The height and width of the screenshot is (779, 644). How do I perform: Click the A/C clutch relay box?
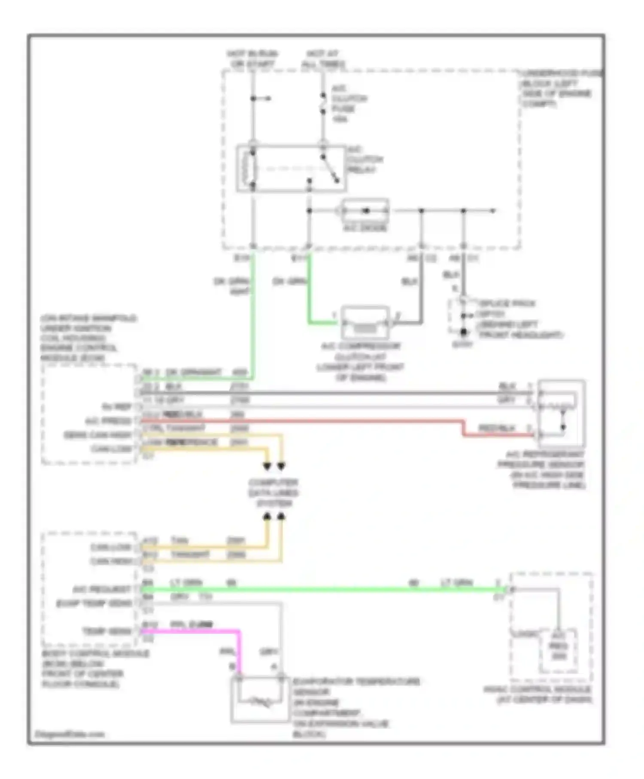click(291, 168)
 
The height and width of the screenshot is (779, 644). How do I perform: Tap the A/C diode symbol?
click(365, 211)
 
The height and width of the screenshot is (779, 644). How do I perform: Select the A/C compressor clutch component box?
click(365, 323)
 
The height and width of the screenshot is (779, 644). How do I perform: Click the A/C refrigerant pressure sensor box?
click(561, 413)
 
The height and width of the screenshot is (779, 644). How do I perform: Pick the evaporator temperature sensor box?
click(260, 700)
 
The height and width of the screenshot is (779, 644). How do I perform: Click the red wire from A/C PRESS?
click(301, 421)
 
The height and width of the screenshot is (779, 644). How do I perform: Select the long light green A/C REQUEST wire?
click(322, 590)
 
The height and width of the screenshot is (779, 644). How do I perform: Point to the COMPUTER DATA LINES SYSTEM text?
click(273, 493)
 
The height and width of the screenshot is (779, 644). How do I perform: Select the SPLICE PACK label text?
click(507, 304)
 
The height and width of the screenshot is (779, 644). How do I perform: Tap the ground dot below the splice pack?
click(463, 332)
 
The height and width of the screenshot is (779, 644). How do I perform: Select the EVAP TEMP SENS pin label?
click(94, 603)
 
